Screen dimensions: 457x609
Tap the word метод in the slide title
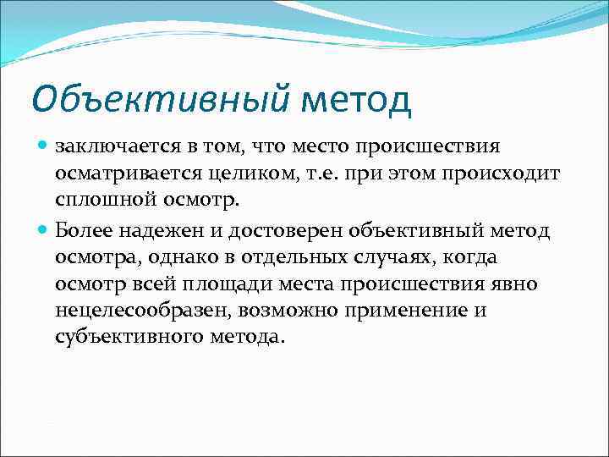(356, 99)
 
